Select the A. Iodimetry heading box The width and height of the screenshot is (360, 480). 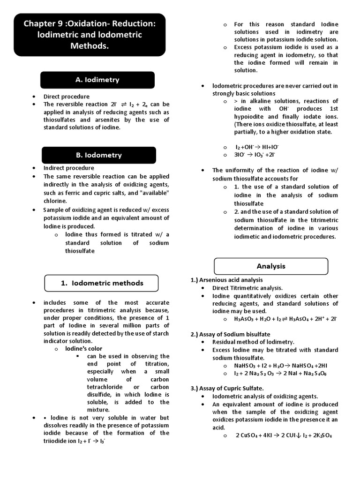point(97,80)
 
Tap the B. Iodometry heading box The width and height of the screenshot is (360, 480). point(99,155)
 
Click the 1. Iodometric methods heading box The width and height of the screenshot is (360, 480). point(102,283)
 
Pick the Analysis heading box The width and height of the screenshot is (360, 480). point(271,266)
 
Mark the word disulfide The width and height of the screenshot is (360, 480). point(100,394)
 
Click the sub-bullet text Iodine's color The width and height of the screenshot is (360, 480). point(83,349)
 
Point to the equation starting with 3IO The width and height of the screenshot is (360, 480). point(255,155)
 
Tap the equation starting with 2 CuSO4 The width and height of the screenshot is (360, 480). point(284,435)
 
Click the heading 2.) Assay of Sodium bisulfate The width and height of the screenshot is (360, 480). point(230,334)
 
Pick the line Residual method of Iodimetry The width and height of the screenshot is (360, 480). point(253,342)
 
